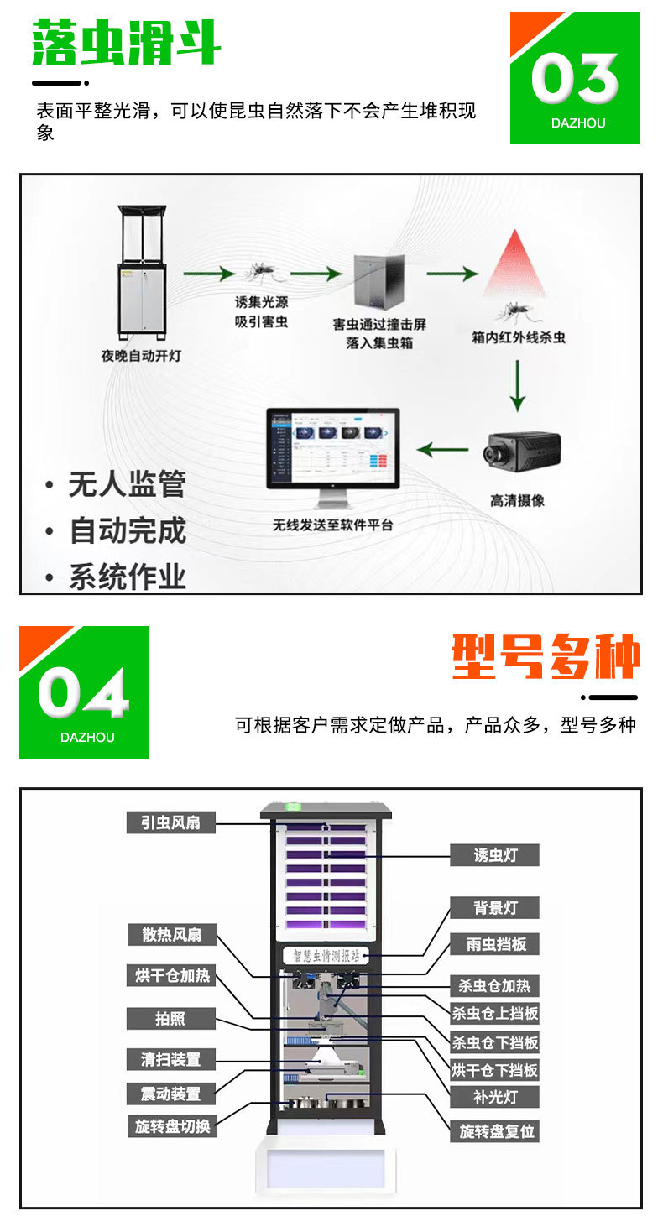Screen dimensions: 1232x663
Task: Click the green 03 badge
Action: click(575, 78)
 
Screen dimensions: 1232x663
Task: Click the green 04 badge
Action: click(84, 692)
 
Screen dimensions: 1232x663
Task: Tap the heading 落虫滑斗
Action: click(127, 44)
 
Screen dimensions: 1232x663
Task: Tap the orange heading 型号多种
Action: click(546, 657)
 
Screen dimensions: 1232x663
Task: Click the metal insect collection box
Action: click(378, 282)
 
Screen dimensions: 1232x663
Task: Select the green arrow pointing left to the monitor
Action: click(443, 450)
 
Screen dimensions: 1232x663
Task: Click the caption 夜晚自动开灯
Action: click(141, 356)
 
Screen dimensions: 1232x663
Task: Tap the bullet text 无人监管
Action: click(127, 485)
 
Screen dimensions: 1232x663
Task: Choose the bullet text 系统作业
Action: click(127, 577)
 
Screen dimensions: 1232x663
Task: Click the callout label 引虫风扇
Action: click(171, 822)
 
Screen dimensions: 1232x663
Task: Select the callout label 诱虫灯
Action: click(494, 855)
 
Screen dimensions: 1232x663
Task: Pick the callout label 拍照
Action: click(171, 1019)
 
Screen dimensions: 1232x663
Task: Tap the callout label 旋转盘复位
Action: click(494, 1130)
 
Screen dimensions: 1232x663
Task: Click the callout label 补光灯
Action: click(494, 1097)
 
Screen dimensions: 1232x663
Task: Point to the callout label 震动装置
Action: click(171, 1094)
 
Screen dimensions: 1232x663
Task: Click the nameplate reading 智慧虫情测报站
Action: click(327, 955)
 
